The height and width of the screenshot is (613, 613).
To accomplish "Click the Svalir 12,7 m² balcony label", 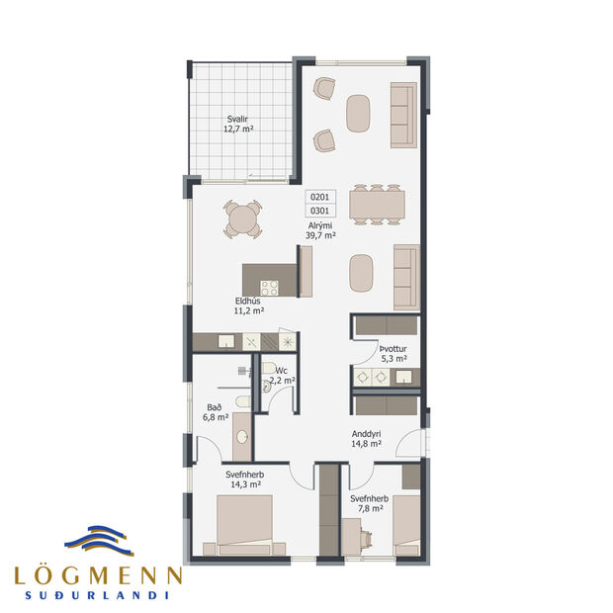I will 237,124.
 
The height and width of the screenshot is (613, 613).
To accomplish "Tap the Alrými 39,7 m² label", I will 321,229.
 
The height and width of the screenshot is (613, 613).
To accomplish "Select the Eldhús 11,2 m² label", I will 249,306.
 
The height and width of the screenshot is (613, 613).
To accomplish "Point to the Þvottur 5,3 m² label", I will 394,354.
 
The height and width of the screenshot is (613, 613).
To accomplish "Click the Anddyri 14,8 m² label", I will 367,439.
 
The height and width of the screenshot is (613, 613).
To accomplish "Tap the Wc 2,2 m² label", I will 282,375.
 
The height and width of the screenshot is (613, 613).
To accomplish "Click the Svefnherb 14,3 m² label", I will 244,480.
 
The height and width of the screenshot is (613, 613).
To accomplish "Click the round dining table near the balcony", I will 243,219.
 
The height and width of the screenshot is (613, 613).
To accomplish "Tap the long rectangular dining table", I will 377,202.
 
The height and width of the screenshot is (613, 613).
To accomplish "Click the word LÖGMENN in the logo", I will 97,575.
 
